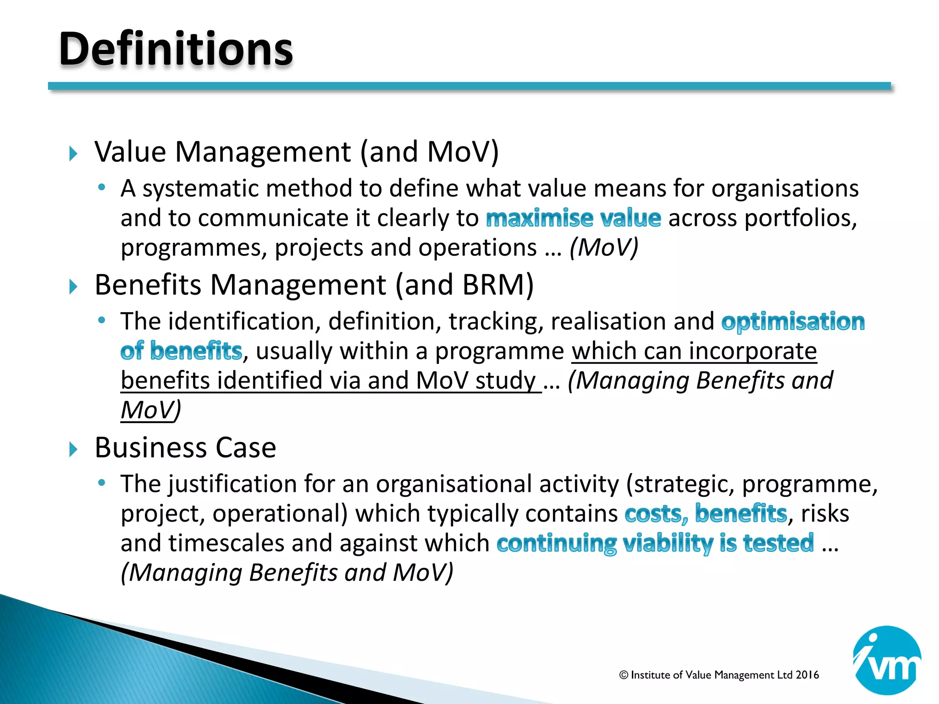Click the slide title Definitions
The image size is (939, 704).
tap(176, 49)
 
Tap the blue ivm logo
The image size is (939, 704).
tap(887, 660)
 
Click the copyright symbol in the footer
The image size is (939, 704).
tap(624, 675)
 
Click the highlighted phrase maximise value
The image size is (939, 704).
tap(573, 218)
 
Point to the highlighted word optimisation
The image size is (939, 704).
tap(793, 322)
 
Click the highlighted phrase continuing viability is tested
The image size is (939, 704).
tap(655, 544)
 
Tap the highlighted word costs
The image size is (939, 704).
tap(656, 514)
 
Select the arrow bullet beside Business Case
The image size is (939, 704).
tap(73, 449)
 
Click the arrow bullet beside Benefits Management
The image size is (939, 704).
tap(73, 286)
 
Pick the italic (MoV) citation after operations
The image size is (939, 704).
tap(604, 248)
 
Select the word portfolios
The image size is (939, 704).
tap(800, 218)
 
